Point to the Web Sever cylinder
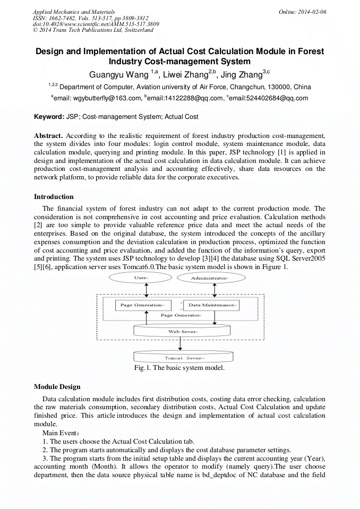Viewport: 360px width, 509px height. (x=182, y=331)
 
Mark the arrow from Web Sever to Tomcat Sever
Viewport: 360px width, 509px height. (x=181, y=343)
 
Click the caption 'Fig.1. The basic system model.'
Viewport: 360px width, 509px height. (x=180, y=368)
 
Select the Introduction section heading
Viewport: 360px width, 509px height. (x=54, y=197)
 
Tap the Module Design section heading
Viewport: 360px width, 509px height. (x=57, y=386)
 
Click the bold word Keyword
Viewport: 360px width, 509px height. (x=49, y=116)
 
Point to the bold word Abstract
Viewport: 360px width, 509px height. (x=49, y=136)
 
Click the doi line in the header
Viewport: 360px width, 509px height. (x=96, y=24)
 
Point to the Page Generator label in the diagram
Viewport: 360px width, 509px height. (x=181, y=315)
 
